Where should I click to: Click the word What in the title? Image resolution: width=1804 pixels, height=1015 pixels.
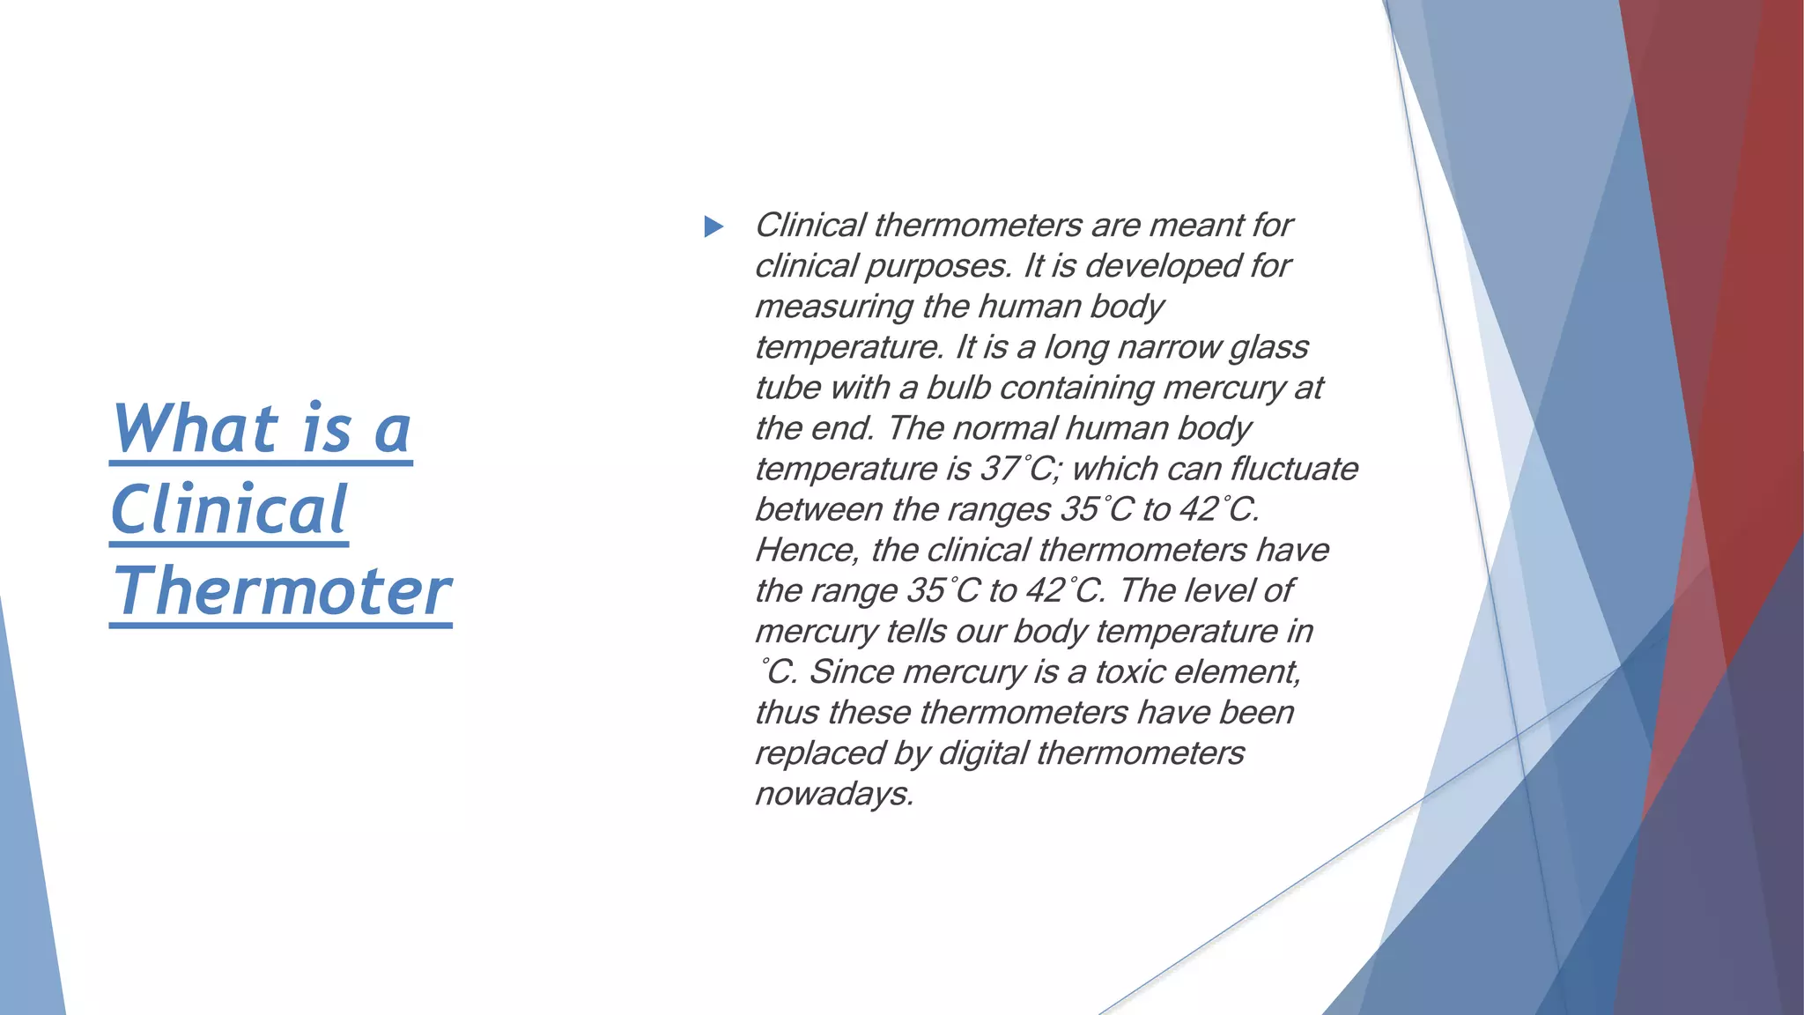(196, 428)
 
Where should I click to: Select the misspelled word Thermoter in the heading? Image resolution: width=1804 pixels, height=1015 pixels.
(281, 591)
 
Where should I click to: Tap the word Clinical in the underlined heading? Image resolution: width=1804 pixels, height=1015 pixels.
(229, 510)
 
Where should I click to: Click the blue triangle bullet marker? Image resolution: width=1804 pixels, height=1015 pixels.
(713, 227)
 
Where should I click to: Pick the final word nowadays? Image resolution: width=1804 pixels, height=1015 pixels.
(833, 794)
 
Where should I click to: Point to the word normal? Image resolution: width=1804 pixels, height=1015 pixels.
(1004, 428)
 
